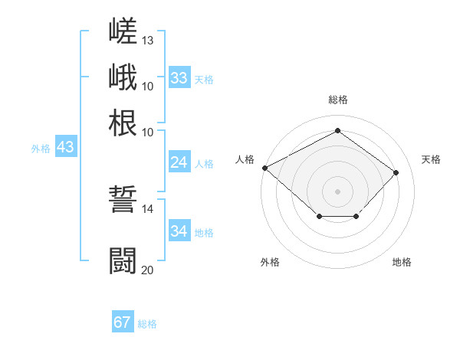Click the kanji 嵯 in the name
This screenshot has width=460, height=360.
[123, 31]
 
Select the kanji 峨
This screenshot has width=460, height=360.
[123, 77]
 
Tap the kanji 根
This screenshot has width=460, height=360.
[123, 123]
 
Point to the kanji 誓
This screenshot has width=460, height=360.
[123, 199]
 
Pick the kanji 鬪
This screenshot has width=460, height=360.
[123, 260]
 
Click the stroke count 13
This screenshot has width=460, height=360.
[147, 41]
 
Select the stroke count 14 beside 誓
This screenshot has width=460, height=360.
[147, 209]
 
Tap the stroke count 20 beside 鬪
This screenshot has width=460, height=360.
[147, 270]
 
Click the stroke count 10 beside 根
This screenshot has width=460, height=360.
[147, 133]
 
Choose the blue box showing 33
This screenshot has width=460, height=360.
[179, 77]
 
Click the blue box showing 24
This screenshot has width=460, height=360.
[179, 162]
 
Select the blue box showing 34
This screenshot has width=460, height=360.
[179, 230]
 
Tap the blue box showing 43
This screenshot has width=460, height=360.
[66, 146]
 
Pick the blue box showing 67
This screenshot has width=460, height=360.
[123, 321]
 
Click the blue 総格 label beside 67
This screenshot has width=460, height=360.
[147, 324]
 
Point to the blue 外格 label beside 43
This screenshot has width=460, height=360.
[41, 149]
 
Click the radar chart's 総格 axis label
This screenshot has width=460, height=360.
[338, 100]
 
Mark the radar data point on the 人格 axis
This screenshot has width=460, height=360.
[265, 168]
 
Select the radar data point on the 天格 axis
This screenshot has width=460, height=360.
[396, 172]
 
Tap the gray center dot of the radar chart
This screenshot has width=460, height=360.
[337, 191]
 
